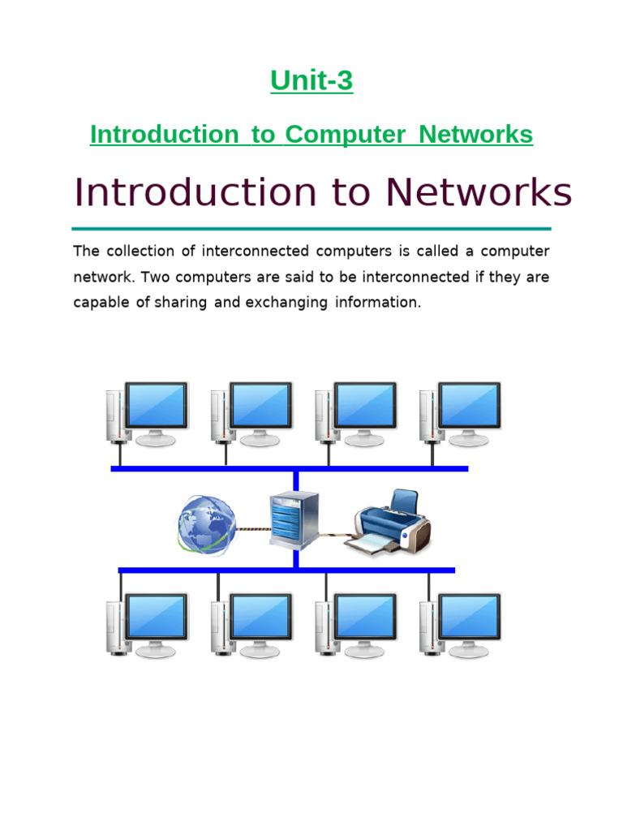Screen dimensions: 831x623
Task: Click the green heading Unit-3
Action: pos(311,81)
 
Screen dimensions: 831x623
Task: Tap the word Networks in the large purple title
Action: pos(478,193)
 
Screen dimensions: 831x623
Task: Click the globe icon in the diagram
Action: pos(206,524)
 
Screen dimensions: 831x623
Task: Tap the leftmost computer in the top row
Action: pos(147,415)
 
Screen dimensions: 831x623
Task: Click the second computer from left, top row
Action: pos(251,415)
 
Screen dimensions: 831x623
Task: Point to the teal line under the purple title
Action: pos(311,229)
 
